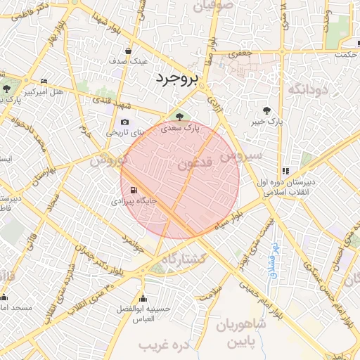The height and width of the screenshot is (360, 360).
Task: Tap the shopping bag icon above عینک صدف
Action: [x=128, y=51]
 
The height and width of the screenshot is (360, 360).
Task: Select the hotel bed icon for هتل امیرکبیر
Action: [x=44, y=82]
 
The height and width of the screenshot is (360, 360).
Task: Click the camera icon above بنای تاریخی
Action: [x=124, y=122]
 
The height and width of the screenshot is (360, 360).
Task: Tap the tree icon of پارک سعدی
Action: [x=176, y=117]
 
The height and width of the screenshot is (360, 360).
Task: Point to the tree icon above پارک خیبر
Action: [x=266, y=110]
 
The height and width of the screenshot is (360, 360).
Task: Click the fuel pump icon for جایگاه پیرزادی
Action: [x=133, y=190]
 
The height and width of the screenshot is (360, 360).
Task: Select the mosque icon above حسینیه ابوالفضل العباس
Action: [x=143, y=298]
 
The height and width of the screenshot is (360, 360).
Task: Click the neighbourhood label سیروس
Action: [x=240, y=156]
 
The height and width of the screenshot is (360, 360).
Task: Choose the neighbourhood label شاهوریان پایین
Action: [x=240, y=334]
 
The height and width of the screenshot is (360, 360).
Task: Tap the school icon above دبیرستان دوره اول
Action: [x=285, y=171]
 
